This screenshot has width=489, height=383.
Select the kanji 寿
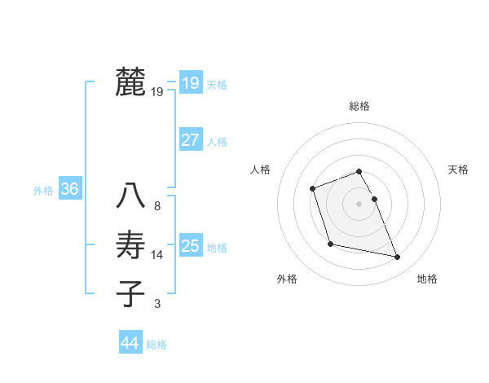(x=130, y=245)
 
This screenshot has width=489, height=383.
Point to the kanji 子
(x=130, y=294)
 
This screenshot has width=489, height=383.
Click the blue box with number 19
(x=190, y=82)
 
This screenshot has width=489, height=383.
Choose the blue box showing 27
(x=190, y=139)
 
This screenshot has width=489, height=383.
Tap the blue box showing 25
(x=190, y=245)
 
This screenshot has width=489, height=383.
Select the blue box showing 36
(x=69, y=189)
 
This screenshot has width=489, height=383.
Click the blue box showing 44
(x=130, y=342)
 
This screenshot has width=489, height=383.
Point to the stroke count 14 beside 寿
(x=157, y=255)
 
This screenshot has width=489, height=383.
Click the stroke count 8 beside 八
(x=157, y=206)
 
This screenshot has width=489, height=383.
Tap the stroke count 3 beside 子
(x=157, y=304)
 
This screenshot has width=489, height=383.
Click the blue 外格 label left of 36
(x=43, y=191)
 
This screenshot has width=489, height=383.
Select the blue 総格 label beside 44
(x=156, y=345)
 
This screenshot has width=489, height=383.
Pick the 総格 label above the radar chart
(x=359, y=106)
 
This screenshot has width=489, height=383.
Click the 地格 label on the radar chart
(x=427, y=279)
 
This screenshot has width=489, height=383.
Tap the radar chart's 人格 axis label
(x=260, y=169)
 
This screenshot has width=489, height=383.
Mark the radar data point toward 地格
(x=398, y=258)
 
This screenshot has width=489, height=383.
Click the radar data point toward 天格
(x=374, y=199)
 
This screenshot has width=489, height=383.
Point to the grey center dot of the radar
(x=359, y=204)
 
